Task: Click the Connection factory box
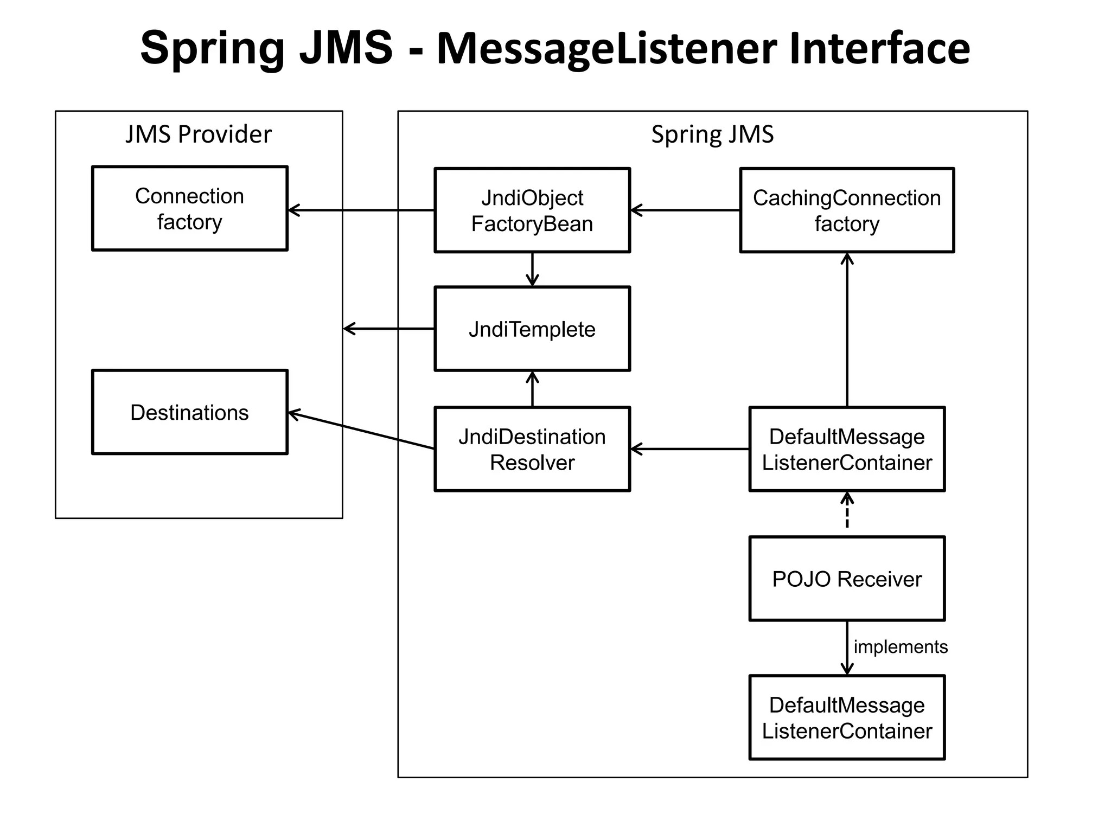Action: pyautogui.click(x=189, y=209)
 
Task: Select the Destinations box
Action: pyautogui.click(x=189, y=412)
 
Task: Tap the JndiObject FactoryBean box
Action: pyautogui.click(x=532, y=210)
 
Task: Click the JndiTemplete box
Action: pyautogui.click(x=532, y=329)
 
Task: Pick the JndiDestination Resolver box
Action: pyautogui.click(x=532, y=449)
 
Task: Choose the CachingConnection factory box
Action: pyautogui.click(x=846, y=210)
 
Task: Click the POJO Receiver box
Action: pyautogui.click(x=846, y=579)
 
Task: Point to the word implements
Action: pyautogui.click(x=901, y=647)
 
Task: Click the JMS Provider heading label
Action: pyautogui.click(x=199, y=134)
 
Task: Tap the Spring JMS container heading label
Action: pyautogui.click(x=712, y=134)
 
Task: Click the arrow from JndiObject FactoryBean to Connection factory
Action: pyautogui.click(x=361, y=210)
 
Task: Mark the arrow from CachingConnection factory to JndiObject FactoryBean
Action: pyautogui.click(x=685, y=210)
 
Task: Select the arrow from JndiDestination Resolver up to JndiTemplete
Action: pyautogui.click(x=532, y=389)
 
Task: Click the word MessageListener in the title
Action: pyautogui.click(x=608, y=49)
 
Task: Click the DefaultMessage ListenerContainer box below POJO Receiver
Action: pyautogui.click(x=846, y=717)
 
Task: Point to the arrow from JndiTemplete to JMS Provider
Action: pyautogui.click(x=389, y=329)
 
